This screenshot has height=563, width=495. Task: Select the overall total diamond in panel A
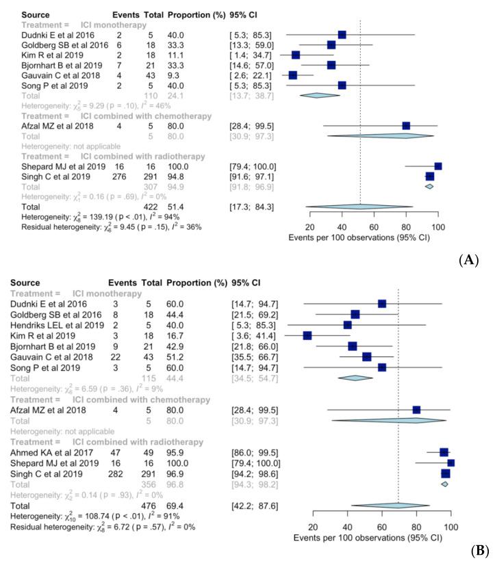click(x=359, y=205)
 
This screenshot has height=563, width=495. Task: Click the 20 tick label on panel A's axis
click(x=309, y=228)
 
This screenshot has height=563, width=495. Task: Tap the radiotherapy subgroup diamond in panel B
click(x=445, y=484)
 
